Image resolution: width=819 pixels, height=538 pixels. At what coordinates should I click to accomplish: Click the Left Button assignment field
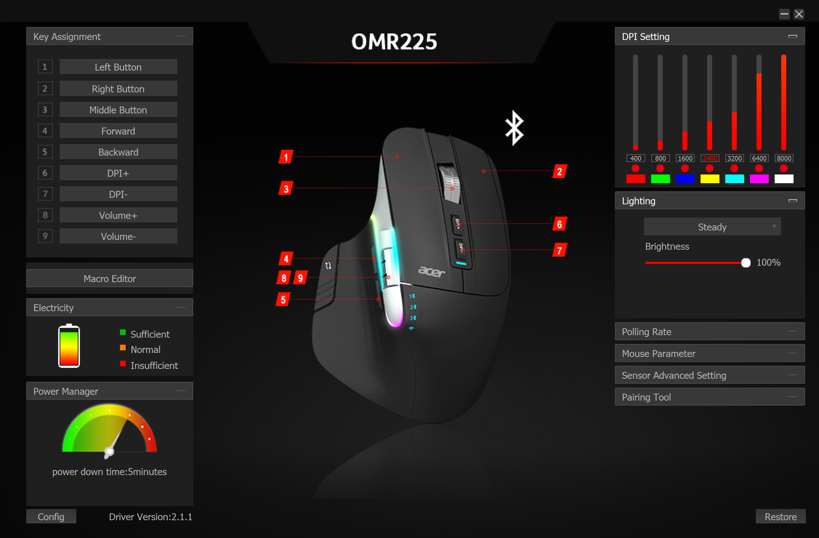(x=118, y=67)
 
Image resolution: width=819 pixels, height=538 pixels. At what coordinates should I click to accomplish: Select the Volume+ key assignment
(x=118, y=215)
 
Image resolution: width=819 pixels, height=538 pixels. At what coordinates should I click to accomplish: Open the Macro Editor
(x=109, y=278)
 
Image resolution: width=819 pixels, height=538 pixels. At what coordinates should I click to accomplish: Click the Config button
(x=51, y=517)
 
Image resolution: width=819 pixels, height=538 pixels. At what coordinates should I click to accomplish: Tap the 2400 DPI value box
(x=710, y=158)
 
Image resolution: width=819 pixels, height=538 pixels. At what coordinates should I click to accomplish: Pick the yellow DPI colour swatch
(x=710, y=179)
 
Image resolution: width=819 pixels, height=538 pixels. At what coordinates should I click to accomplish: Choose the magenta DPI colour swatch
(x=759, y=179)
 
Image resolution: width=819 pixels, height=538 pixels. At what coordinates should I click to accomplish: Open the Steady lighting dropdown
(x=712, y=227)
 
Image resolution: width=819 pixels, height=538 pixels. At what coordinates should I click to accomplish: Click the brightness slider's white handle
(x=746, y=262)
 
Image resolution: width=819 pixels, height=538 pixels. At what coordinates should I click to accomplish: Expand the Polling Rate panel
(x=709, y=332)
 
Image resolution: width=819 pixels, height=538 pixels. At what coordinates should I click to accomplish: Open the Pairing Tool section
(x=709, y=397)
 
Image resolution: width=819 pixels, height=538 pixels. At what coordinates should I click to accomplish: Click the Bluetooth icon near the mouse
(x=514, y=128)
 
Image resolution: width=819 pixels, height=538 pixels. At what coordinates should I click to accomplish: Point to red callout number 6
(x=560, y=224)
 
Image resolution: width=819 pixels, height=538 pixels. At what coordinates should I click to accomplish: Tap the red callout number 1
(x=286, y=157)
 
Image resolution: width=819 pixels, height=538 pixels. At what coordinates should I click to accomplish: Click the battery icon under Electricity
(x=69, y=346)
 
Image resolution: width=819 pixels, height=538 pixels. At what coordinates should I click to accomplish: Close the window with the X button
(x=799, y=14)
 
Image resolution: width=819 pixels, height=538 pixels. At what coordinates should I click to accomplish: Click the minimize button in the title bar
(x=784, y=14)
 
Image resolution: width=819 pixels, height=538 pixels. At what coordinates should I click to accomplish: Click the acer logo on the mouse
(x=431, y=271)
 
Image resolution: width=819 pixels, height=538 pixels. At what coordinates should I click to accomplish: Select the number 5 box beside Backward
(x=45, y=152)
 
